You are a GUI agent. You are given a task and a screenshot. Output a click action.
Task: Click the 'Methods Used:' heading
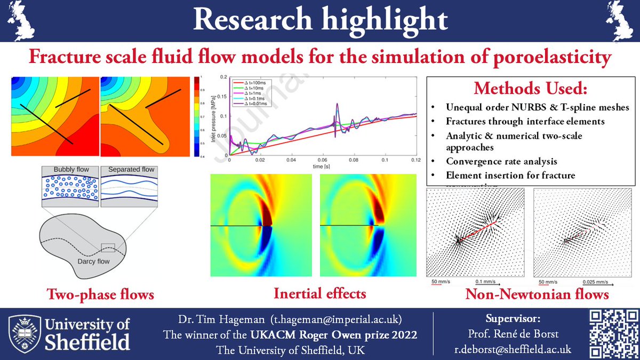(531, 89)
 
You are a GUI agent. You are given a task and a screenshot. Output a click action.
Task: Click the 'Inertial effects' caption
(320, 293)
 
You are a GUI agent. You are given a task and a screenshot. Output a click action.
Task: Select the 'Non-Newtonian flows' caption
(537, 294)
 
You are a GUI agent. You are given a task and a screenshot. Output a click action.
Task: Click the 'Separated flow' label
(131, 170)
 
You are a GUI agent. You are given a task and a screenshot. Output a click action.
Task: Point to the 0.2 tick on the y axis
(223, 77)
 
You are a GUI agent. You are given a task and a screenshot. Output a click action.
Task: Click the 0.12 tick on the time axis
(414, 160)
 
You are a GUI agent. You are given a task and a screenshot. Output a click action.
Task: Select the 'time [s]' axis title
(321, 166)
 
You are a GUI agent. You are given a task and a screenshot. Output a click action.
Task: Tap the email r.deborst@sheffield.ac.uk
(513, 349)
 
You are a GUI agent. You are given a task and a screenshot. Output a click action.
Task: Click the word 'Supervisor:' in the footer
(513, 319)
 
